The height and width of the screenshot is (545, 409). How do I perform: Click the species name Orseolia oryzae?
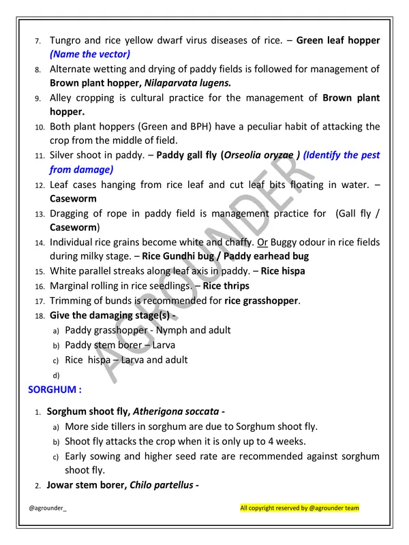(x=258, y=155)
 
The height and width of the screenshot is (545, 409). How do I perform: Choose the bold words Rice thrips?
(x=226, y=285)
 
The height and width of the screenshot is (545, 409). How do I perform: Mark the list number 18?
(x=40, y=315)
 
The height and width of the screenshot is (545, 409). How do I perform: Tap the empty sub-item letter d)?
(x=56, y=375)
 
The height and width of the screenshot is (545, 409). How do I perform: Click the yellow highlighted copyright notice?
(x=299, y=508)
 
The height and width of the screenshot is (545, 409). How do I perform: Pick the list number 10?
(x=40, y=127)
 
